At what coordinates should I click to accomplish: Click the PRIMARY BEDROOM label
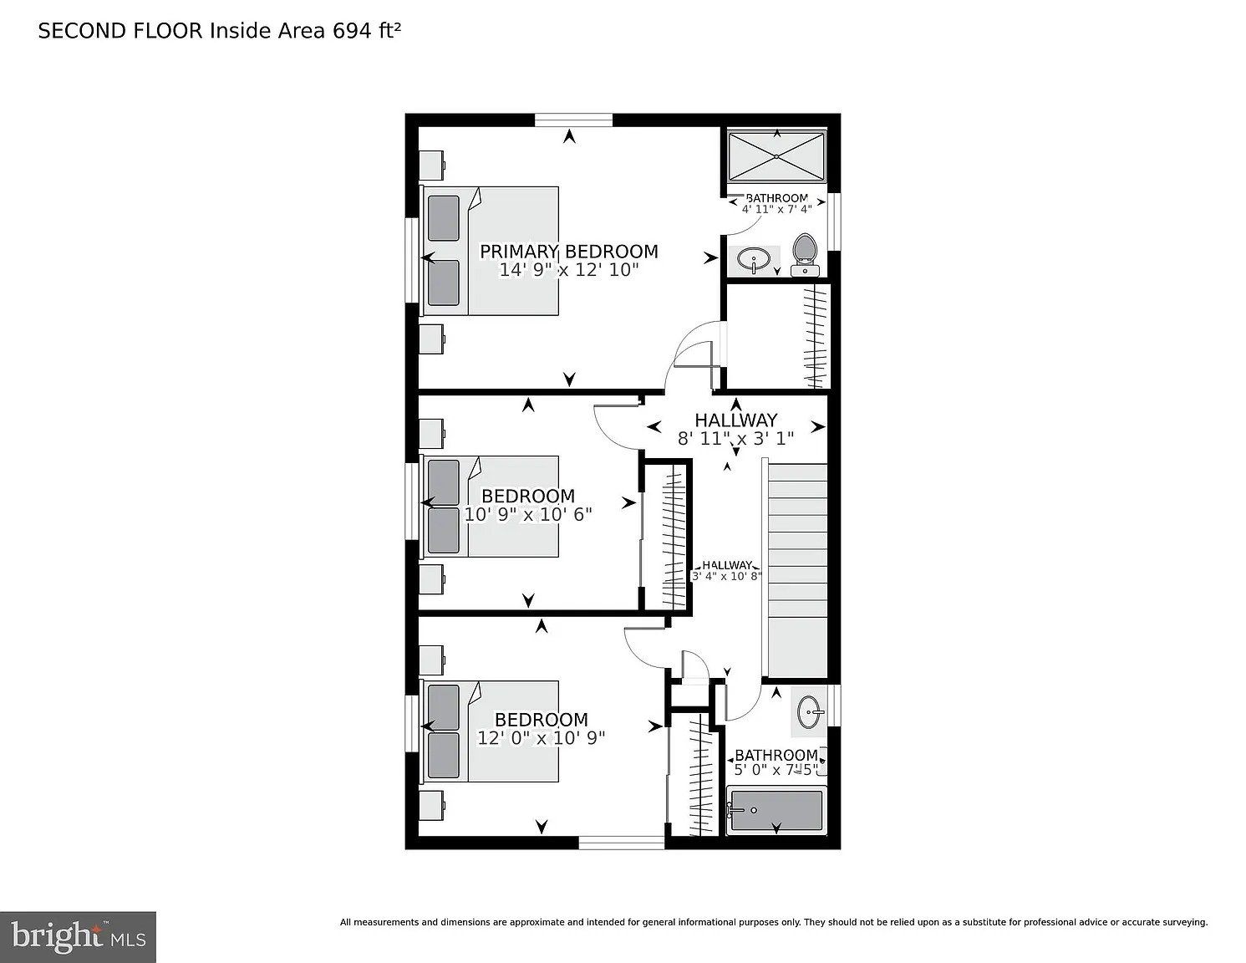(x=568, y=252)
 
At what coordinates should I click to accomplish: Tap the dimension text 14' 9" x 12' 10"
(x=568, y=269)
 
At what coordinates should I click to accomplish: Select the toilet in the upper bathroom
(x=805, y=255)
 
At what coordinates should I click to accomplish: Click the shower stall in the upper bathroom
(x=776, y=156)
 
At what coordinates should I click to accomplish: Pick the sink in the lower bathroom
(x=809, y=711)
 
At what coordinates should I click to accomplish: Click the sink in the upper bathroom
(x=754, y=260)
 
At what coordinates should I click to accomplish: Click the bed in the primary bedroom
(x=491, y=251)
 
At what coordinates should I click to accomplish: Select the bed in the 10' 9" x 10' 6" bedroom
(x=491, y=507)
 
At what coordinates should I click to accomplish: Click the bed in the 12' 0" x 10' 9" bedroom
(x=491, y=731)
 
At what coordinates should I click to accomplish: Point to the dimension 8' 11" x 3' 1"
(x=735, y=439)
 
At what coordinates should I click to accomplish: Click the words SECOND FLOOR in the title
(x=120, y=31)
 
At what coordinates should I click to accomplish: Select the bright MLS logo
(x=78, y=937)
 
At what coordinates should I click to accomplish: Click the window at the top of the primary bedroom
(x=574, y=120)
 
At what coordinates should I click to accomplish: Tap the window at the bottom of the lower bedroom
(x=622, y=842)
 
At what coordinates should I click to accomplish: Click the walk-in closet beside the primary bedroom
(x=778, y=336)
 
